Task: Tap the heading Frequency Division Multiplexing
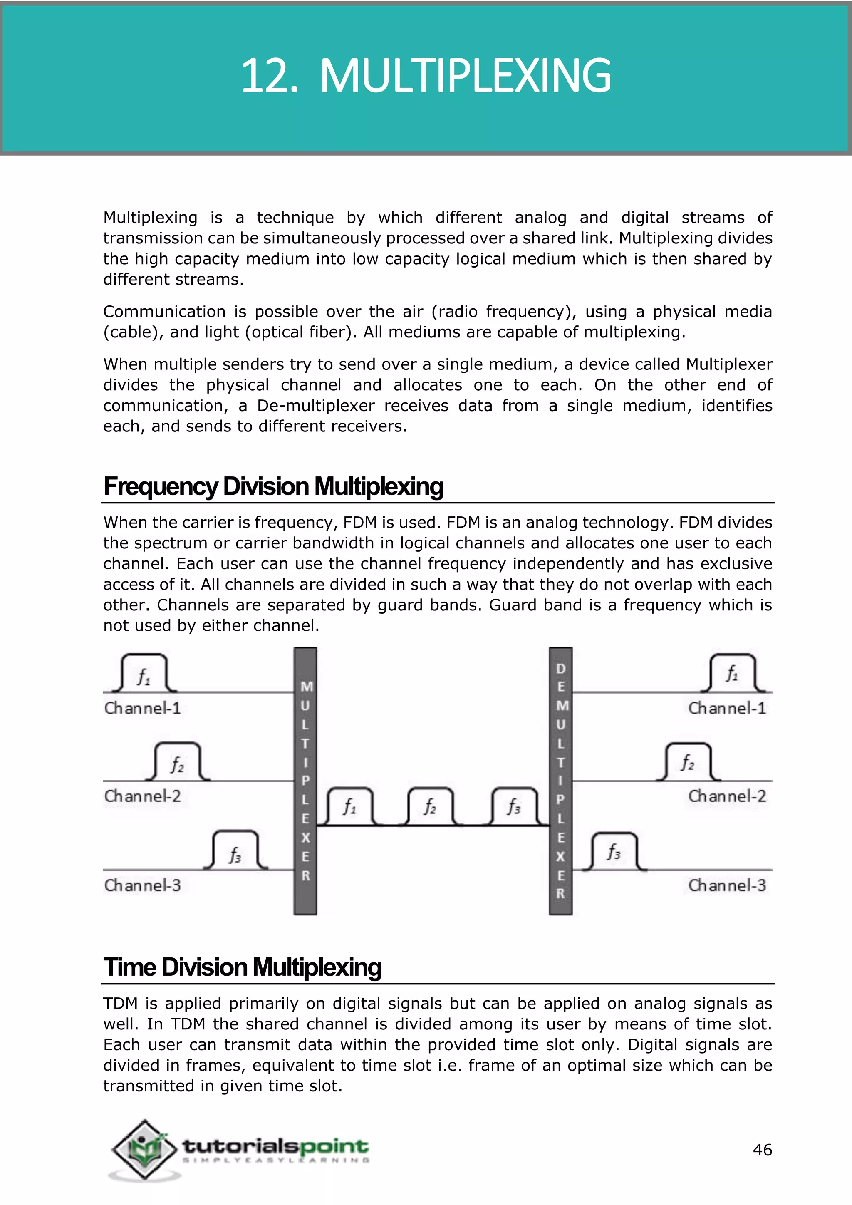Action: pos(273,486)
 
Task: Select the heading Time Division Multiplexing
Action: pos(243,967)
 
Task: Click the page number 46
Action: pos(762,1150)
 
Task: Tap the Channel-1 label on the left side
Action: pos(142,708)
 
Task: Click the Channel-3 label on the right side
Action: pos(727,885)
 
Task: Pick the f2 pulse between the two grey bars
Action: pos(430,807)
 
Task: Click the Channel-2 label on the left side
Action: pos(142,796)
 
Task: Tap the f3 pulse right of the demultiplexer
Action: pos(614,852)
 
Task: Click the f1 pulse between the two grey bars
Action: pos(350,807)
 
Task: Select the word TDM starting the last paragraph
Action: pos(121,1004)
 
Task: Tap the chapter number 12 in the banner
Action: pos(265,77)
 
